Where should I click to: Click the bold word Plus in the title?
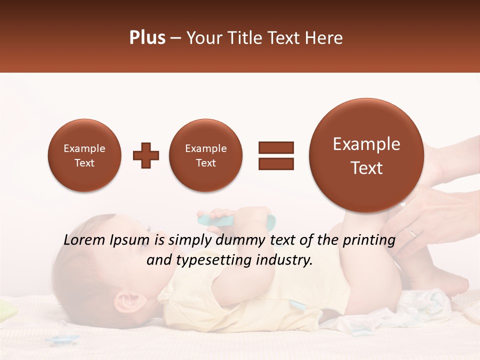tap(147, 38)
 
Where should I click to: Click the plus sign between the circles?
tap(146, 155)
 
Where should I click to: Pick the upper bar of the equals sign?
tap(275, 147)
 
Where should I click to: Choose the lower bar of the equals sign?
tap(275, 163)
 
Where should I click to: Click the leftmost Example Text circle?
tap(84, 155)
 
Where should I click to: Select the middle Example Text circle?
tap(205, 155)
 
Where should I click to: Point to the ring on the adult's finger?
tap(411, 231)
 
